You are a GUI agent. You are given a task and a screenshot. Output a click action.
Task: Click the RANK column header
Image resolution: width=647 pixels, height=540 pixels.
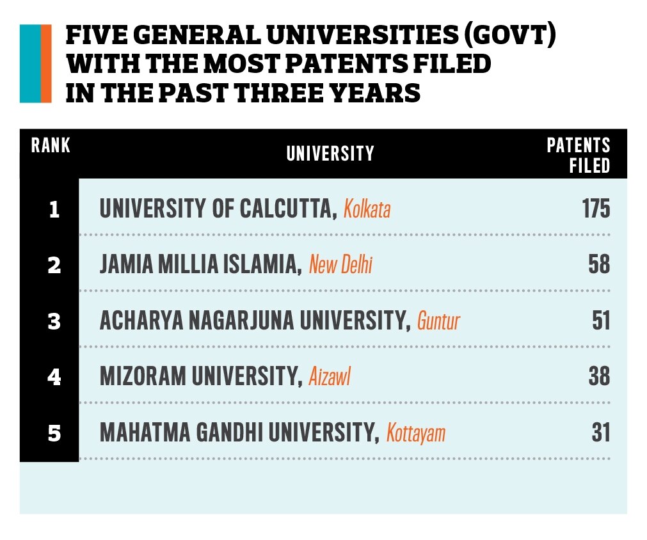click(51, 146)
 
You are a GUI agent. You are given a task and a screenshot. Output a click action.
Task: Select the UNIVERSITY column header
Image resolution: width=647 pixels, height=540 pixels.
click(330, 154)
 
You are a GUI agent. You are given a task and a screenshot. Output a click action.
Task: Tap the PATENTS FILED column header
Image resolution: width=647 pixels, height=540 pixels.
click(578, 155)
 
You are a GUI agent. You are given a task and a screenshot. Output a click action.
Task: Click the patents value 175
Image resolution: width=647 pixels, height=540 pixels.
click(596, 209)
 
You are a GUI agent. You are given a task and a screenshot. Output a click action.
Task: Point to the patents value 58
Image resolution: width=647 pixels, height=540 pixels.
click(599, 265)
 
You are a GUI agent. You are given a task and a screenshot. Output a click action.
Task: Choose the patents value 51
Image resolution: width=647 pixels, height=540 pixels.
click(600, 321)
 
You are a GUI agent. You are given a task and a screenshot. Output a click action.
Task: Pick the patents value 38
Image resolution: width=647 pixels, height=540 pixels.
click(599, 377)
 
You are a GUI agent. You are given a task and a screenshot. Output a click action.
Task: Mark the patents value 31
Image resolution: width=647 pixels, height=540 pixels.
click(600, 433)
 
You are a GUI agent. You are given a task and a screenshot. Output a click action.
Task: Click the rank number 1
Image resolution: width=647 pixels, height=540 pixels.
click(54, 210)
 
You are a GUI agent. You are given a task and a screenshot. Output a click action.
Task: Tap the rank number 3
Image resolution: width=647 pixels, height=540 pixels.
click(54, 321)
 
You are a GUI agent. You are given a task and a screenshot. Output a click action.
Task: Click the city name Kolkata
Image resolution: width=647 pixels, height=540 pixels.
click(367, 210)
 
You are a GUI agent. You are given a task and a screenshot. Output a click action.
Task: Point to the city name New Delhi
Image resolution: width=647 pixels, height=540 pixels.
click(340, 266)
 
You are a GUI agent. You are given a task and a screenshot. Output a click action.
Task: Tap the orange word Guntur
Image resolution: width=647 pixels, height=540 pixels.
click(438, 321)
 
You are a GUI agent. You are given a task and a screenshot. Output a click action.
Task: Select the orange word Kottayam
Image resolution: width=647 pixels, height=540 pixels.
click(416, 434)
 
